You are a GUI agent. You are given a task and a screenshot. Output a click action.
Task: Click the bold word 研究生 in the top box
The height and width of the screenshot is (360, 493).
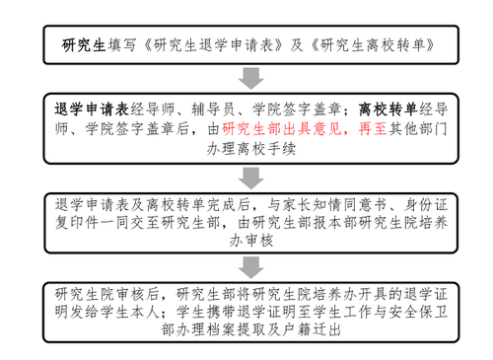[x=84, y=44]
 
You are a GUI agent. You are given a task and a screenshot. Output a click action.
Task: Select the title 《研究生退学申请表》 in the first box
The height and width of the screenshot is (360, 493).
[x=213, y=44]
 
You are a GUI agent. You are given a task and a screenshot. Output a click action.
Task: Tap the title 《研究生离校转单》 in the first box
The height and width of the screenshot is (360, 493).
[x=366, y=44]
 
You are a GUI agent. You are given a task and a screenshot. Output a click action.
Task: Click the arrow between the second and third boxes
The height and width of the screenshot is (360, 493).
[x=250, y=177]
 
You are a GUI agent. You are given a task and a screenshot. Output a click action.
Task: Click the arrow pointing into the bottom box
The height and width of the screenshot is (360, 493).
[x=250, y=271]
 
